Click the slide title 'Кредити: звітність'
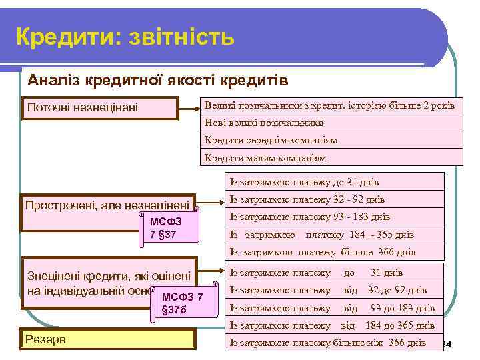pyautogui.click(x=125, y=37)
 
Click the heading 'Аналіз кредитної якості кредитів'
pyautogui.click(x=157, y=81)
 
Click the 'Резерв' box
pyautogui.click(x=109, y=340)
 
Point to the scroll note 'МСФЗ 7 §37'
pyautogui.click(x=170, y=227)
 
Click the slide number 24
pyautogui.click(x=447, y=344)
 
